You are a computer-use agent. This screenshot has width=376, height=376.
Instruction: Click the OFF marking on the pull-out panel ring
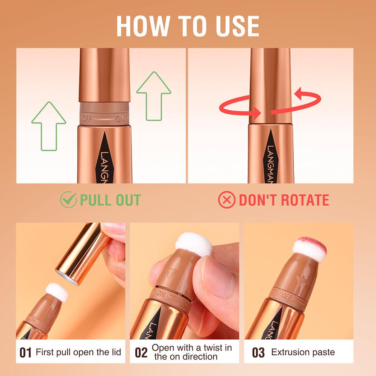[87, 119]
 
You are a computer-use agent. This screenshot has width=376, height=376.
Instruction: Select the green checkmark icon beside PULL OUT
[68, 200]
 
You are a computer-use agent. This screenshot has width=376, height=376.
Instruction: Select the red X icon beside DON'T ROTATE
[227, 200]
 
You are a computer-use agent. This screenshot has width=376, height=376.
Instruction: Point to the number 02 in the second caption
[141, 353]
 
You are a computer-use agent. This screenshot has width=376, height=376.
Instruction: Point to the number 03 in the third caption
[258, 353]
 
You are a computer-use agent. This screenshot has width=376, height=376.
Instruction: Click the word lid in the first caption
[115, 352]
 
